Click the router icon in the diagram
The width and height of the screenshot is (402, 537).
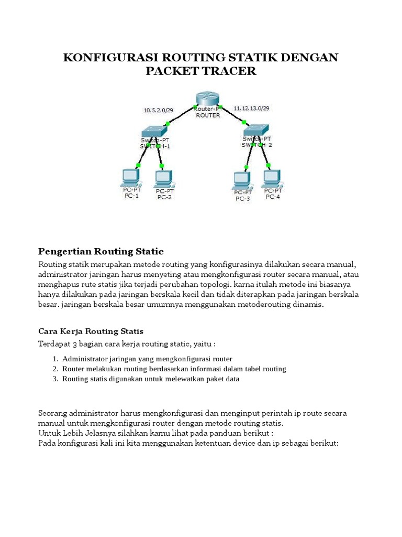coord(208,98)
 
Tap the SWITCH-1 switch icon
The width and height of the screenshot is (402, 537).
coord(154,130)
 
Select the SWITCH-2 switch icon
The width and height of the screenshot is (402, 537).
coord(256,128)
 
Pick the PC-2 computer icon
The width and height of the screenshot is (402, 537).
coord(163,178)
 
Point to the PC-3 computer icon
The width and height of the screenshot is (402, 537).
coord(241,180)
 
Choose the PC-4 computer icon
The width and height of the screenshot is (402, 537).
coord(272,178)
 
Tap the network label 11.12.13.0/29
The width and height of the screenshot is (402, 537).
coord(251,108)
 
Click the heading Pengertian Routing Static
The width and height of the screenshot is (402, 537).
coord(102,252)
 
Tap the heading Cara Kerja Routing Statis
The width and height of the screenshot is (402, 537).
coord(91,331)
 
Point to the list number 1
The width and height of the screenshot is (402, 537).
coord(55,359)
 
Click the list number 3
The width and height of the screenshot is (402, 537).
coord(55,379)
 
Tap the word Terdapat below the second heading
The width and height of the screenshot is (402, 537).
coord(54,344)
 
